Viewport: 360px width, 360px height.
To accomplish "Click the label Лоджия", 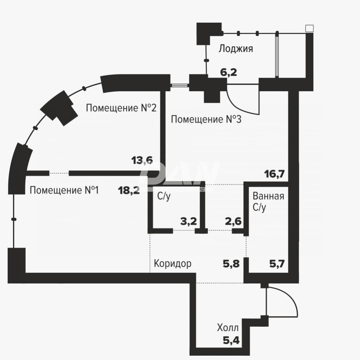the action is click(236, 49).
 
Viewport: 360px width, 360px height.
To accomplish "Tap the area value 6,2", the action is click(229, 72).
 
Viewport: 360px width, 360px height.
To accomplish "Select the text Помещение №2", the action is click(121, 108).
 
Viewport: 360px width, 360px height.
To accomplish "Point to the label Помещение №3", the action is click(206, 120).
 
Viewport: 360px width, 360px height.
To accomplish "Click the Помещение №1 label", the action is click(64, 190).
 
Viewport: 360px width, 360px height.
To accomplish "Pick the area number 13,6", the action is click(142, 160).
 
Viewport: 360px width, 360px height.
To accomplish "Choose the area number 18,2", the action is click(129, 190).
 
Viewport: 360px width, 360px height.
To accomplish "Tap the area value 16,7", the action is click(274, 174).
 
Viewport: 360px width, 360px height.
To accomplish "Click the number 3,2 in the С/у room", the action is click(188, 221).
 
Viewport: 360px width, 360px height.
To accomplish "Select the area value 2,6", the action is click(233, 221).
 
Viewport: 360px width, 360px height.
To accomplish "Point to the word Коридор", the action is click(172, 263).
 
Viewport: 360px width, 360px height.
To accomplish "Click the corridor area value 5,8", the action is click(231, 264).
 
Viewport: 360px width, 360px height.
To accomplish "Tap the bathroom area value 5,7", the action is click(277, 264).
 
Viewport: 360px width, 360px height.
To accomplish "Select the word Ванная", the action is click(268, 196).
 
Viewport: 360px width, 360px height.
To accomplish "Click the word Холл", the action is click(228, 328).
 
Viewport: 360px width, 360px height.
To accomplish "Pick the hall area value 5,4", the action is click(231, 340).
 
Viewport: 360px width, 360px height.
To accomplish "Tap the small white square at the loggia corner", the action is click(309, 28).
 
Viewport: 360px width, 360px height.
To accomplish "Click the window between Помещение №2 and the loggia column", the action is click(180, 85).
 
